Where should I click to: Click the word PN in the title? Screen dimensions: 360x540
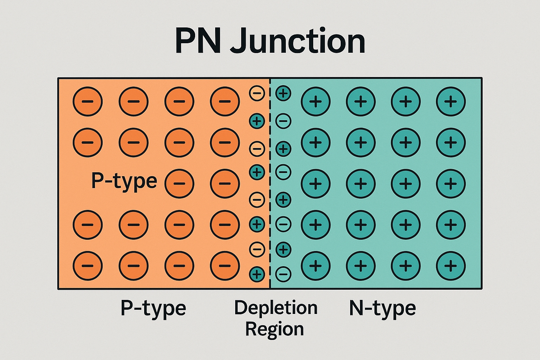tap(198, 41)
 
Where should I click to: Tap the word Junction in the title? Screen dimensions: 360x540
tap(298, 41)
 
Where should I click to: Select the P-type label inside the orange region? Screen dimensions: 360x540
tap(124, 181)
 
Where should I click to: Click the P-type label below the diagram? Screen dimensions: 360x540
tap(153, 308)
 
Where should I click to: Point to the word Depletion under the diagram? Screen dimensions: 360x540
tap(276, 308)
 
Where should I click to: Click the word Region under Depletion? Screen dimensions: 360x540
tap(274, 329)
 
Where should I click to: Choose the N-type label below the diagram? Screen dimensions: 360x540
tap(382, 308)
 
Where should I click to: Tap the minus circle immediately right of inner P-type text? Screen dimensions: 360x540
tap(179, 184)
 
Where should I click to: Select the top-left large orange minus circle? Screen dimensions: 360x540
tap(88, 102)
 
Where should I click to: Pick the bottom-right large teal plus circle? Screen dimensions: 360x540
tap(451, 266)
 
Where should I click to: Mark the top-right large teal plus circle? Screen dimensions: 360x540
tap(451, 102)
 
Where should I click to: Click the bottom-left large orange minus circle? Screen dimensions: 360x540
tap(88, 266)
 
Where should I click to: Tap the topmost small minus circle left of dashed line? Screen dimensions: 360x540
tap(257, 94)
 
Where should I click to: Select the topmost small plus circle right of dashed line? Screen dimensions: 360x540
tap(283, 94)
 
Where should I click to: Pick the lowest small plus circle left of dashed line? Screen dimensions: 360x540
tap(257, 274)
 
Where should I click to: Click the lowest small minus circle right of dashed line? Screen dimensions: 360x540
tap(283, 274)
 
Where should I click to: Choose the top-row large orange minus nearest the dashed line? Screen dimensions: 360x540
tap(225, 102)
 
